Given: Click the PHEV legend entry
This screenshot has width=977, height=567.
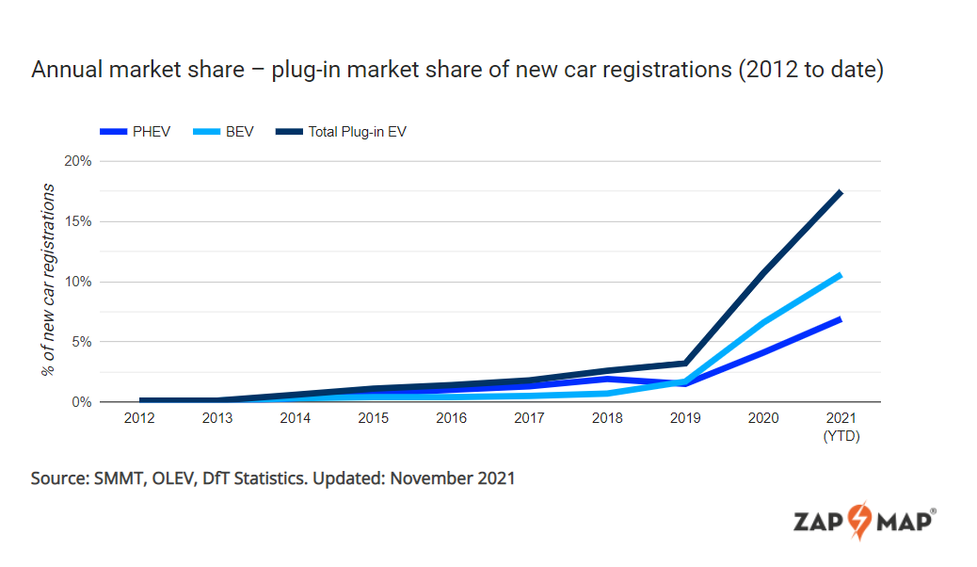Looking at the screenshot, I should click(136, 132).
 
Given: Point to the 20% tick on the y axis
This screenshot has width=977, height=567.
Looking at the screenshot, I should click(77, 161).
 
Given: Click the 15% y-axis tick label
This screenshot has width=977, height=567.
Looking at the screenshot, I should click(77, 221).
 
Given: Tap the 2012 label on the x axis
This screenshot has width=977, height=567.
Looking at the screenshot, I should click(140, 419).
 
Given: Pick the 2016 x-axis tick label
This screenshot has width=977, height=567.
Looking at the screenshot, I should click(452, 419).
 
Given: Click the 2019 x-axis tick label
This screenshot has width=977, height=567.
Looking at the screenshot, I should click(685, 419).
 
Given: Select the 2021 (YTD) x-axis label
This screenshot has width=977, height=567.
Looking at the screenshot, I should click(841, 427).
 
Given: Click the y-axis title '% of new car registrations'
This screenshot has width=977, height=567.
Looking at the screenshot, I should click(48, 281).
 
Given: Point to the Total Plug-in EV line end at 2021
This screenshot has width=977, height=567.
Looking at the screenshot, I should click(840, 193).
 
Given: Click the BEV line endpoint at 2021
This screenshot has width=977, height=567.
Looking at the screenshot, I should click(840, 275).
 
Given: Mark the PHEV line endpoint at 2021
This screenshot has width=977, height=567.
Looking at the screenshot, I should click(840, 319).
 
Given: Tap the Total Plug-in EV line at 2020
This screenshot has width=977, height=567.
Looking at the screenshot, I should click(763, 272).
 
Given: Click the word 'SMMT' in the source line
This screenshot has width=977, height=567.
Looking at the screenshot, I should click(118, 478).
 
